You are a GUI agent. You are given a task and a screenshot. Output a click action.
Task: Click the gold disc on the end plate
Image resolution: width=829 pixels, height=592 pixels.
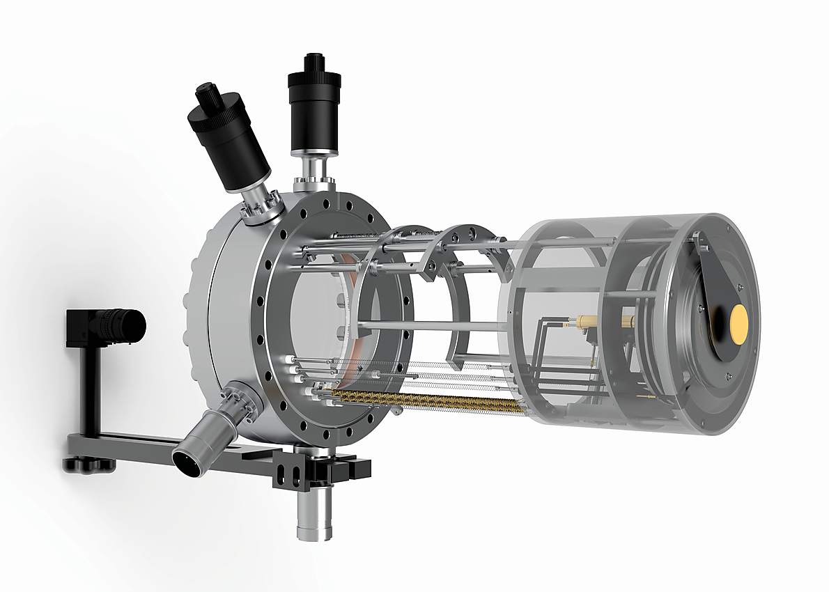point(738,320)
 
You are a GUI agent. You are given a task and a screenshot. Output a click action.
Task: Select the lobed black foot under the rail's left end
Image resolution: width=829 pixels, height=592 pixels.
point(88,463)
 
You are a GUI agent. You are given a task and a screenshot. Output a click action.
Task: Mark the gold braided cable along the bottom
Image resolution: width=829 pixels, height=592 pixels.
point(425,402)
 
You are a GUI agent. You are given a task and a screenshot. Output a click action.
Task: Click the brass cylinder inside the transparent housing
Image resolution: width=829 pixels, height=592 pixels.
point(603,322)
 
